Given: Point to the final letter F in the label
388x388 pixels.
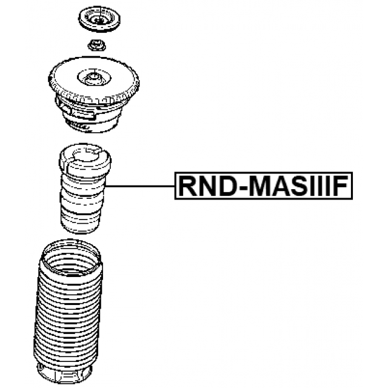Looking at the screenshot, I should point(339,186).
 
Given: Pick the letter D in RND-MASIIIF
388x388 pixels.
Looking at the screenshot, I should point(227,186).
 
